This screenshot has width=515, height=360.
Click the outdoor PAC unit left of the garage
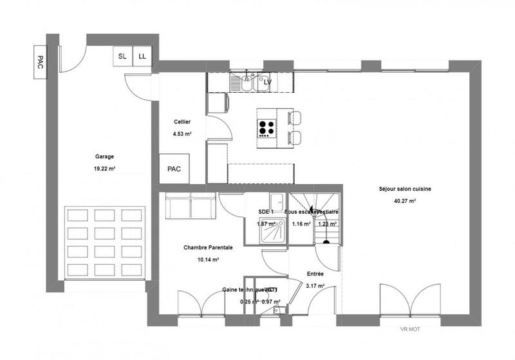pos(41,62)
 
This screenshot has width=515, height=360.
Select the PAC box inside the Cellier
pos(174,169)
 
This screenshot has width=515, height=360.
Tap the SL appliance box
pos(122,57)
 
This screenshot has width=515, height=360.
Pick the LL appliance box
pos(142,57)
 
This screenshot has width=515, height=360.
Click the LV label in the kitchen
pos(268,82)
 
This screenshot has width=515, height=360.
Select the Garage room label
pos(104,156)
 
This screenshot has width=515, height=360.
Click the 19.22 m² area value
pos(104,169)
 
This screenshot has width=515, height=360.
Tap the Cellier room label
pos(182,122)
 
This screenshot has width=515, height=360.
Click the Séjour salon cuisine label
pos(405,189)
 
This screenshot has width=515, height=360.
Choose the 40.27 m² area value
pos(405,201)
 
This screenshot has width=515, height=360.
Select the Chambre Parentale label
pos(208,247)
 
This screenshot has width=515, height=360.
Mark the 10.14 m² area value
pos(208,260)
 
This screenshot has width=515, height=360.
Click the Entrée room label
pos(315,274)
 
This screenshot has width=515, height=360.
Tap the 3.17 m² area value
pos(315,286)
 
